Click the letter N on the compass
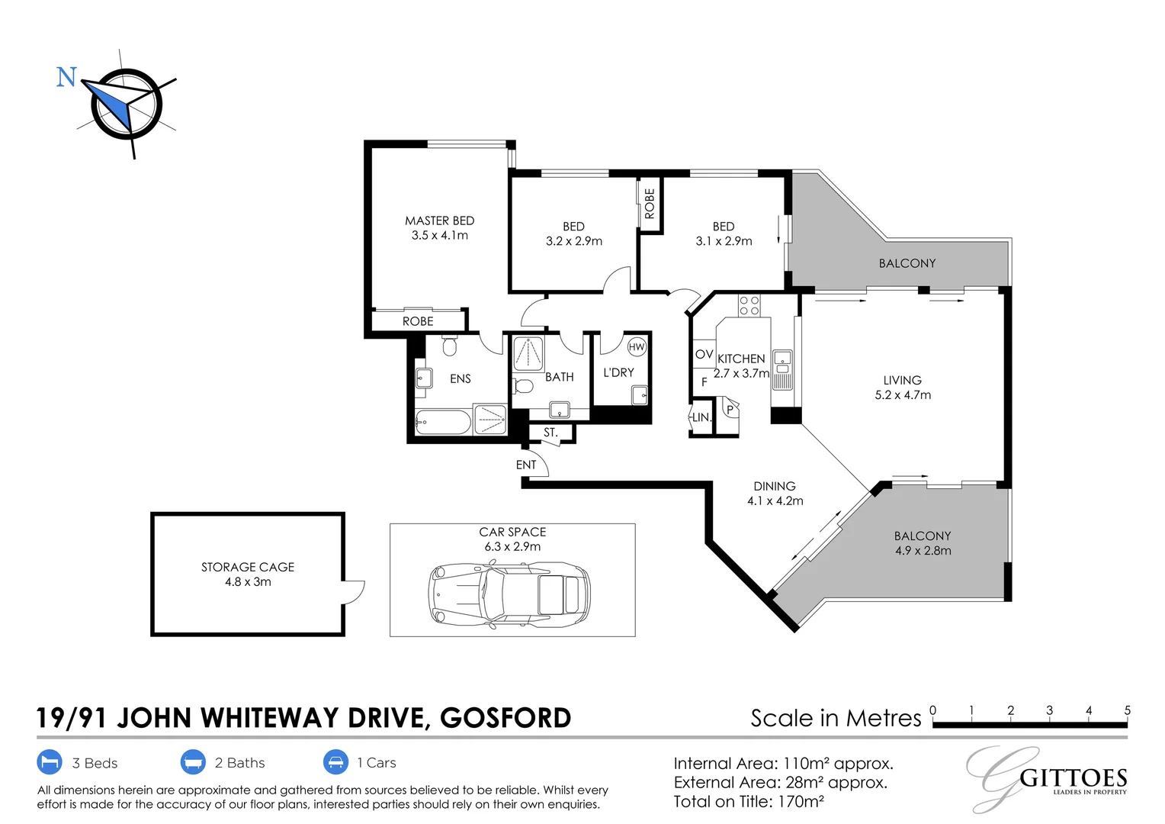(x=66, y=77)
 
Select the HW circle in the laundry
(x=637, y=347)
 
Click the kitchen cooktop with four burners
(x=749, y=306)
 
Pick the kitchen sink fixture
(x=782, y=369)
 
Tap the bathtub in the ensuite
(x=443, y=422)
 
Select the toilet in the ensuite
(x=449, y=347)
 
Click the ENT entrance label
(x=526, y=465)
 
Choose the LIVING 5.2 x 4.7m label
(x=903, y=388)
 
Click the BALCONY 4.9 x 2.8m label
(x=923, y=543)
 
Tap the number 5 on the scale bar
(x=1127, y=710)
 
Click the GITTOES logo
(x=1067, y=780)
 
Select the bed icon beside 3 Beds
(x=50, y=762)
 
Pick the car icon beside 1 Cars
(x=335, y=762)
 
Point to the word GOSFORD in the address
(x=505, y=718)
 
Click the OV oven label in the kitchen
(x=704, y=355)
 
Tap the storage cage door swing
(x=355, y=592)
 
